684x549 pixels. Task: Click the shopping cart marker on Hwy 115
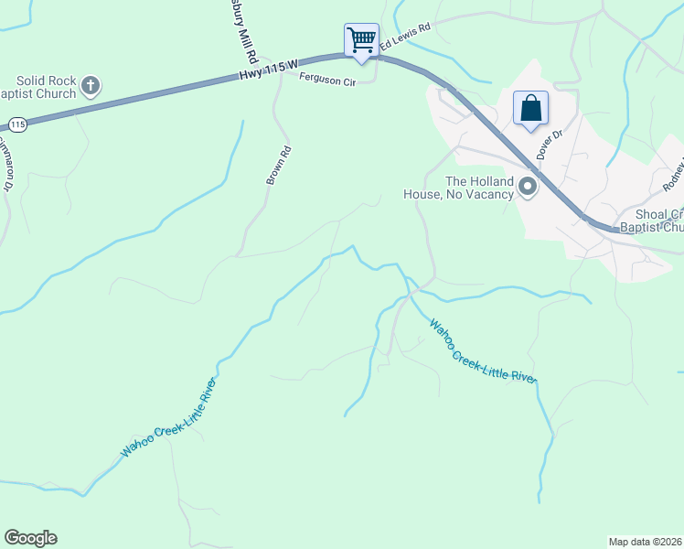[361, 40]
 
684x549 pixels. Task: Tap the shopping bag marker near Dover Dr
[530, 108]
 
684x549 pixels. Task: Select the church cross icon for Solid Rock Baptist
[90, 87]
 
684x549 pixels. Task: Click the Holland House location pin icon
[528, 188]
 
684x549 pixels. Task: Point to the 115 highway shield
[16, 124]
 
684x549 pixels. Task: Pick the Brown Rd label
[279, 166]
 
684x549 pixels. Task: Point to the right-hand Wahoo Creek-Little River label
[482, 352]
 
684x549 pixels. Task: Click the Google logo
[30, 538]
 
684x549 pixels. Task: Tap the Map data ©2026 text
[645, 542]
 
